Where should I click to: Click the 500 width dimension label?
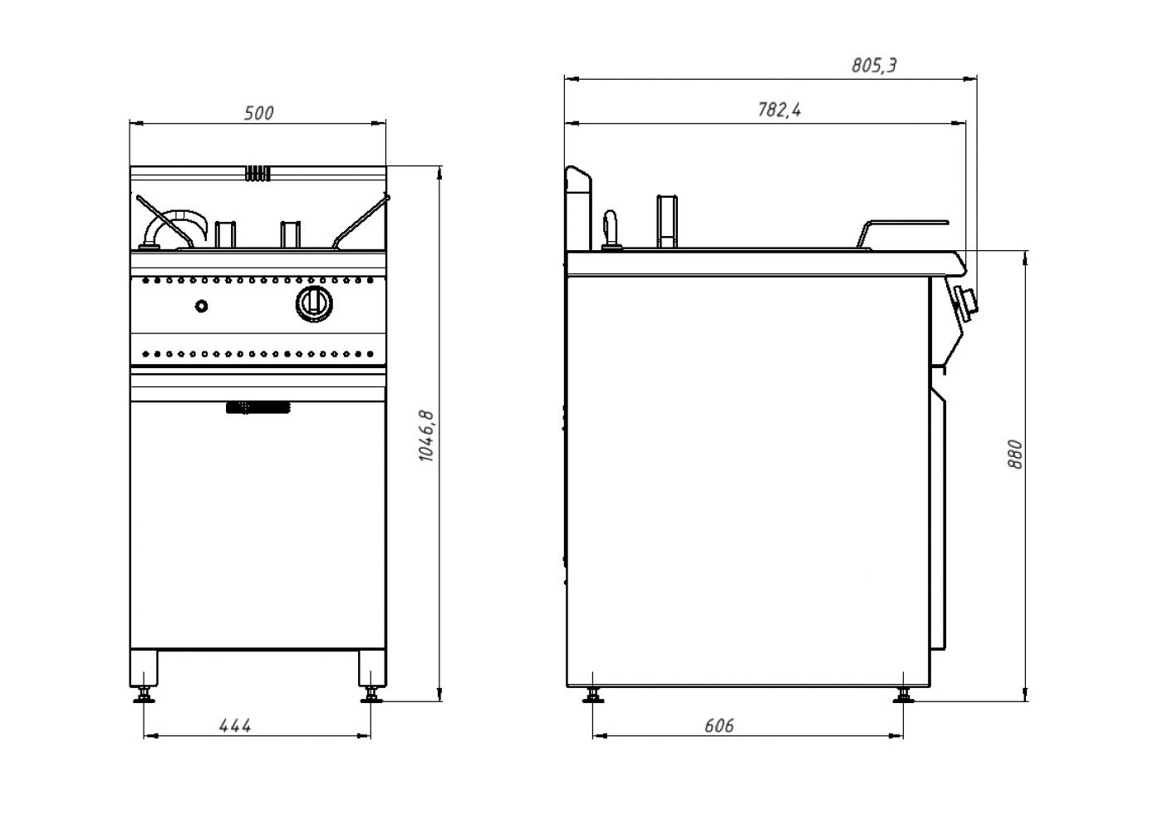[x=258, y=113]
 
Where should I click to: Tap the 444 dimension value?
[x=235, y=725]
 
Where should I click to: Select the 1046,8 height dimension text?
[x=425, y=435]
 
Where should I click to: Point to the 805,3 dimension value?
[x=874, y=65]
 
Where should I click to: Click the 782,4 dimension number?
[x=779, y=110]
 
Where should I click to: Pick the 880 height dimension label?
[x=1014, y=455]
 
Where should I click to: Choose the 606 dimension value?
[x=719, y=725]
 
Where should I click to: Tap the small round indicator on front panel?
[x=202, y=306]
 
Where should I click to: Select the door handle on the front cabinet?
[x=258, y=407]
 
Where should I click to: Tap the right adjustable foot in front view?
[x=370, y=694]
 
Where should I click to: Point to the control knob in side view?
[x=966, y=302]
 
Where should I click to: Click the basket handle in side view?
[x=905, y=224]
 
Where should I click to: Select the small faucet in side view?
[x=611, y=229]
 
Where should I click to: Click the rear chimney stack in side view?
[x=577, y=208]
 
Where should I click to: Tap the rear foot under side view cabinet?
[x=593, y=696]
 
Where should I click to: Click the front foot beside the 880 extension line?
[x=903, y=696]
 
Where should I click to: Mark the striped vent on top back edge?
[x=258, y=174]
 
